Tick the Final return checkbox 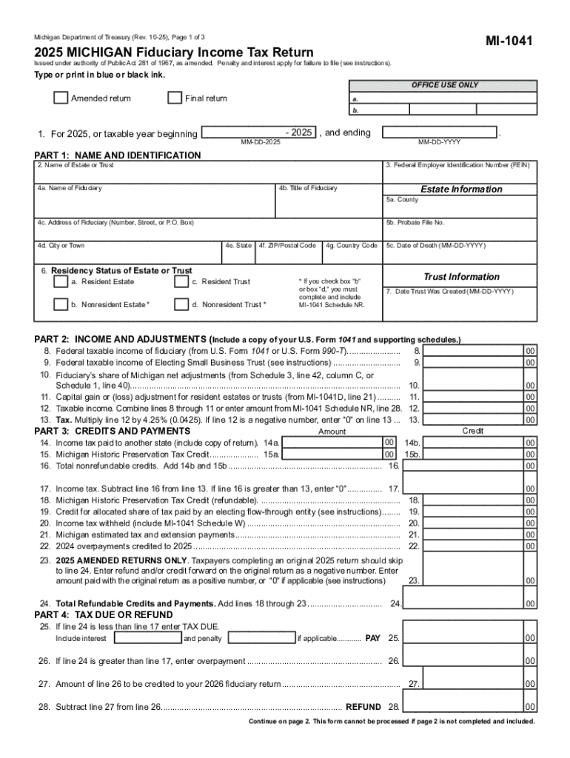click(x=175, y=98)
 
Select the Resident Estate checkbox click(x=60, y=282)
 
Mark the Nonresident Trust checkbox click(x=181, y=304)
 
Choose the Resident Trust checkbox click(x=181, y=282)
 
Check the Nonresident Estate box click(x=60, y=304)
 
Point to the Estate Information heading click(x=460, y=189)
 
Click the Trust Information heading click(x=460, y=276)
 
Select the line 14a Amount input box click(x=332, y=443)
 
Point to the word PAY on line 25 click(x=373, y=638)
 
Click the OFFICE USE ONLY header click(x=445, y=85)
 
